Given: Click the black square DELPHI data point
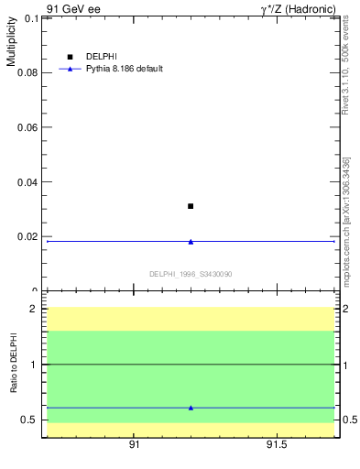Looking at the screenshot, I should [x=191, y=206].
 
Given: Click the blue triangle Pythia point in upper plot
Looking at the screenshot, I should [x=191, y=242].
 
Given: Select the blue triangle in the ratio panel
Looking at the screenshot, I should [x=191, y=408].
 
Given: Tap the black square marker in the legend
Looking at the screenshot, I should [x=70, y=57].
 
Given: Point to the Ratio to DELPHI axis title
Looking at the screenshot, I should [x=14, y=365].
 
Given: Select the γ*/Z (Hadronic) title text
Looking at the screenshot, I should [x=299, y=9].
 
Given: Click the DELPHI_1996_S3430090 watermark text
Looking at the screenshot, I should [x=191, y=274].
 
